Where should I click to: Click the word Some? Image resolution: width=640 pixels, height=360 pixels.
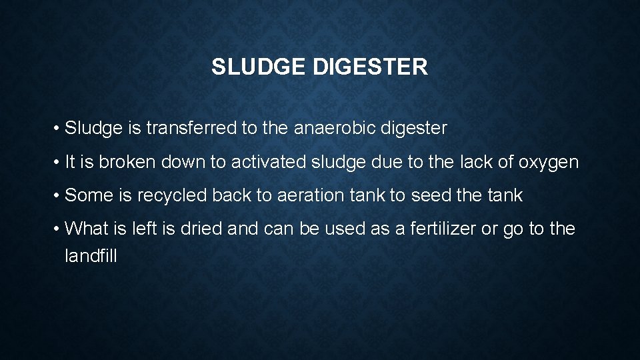coord(88,195)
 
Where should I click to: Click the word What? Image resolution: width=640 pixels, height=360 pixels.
coord(89,229)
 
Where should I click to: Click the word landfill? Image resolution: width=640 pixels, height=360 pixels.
coord(91,255)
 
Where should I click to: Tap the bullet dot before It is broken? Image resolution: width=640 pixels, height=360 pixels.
coord(58,163)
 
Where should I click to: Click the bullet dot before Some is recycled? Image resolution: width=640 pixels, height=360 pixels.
coord(58,196)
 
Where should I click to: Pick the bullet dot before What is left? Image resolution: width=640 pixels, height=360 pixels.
coord(58,229)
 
